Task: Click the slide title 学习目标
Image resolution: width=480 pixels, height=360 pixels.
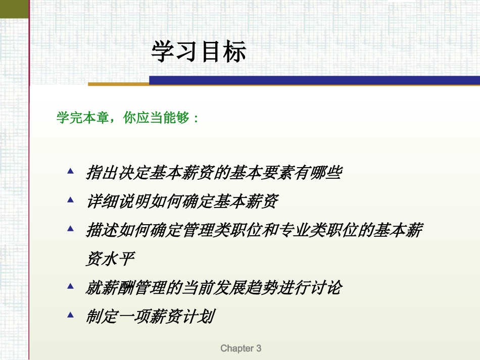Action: [199, 52]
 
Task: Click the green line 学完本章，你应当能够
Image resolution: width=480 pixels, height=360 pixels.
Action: [128, 118]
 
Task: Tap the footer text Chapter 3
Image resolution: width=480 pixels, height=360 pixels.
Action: [241, 348]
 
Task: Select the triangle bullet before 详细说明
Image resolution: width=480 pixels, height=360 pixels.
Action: [71, 199]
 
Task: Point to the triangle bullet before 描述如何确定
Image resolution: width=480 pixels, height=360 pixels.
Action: [71, 228]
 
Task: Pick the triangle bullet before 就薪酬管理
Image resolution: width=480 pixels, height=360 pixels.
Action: [71, 286]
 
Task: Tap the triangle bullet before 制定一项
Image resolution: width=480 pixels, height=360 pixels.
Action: [71, 315]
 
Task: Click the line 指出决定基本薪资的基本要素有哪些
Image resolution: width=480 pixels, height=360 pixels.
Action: [214, 173]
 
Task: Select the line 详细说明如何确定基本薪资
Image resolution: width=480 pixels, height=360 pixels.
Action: [182, 202]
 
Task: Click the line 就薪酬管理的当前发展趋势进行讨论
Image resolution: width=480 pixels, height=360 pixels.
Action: [214, 288]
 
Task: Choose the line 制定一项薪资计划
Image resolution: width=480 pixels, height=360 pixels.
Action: [150, 317]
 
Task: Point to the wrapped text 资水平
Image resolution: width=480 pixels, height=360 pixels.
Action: [110, 260]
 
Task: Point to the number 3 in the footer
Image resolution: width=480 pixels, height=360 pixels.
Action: [258, 348]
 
